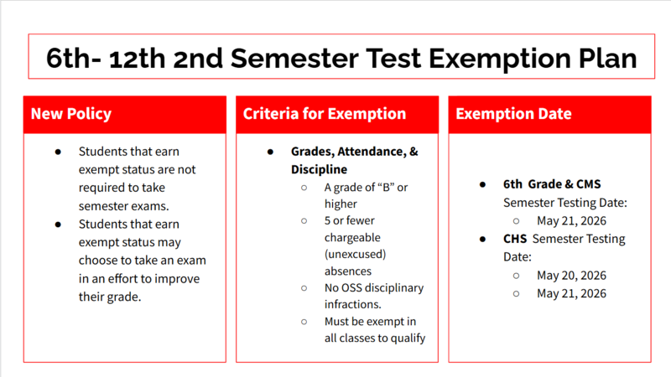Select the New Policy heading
tap(70, 114)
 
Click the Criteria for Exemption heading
tap(325, 114)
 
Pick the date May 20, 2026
tap(571, 276)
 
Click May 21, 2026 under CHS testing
tap(571, 293)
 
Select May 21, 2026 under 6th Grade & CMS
tap(571, 221)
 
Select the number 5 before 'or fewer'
tap(328, 220)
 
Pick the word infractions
tap(353, 305)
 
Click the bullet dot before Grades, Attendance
tap(271, 152)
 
